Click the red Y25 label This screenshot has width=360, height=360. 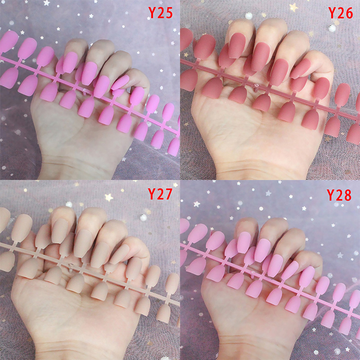tap(161, 13)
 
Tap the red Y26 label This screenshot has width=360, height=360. tap(341, 13)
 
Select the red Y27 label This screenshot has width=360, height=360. tap(160, 194)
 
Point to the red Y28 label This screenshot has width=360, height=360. tap(339, 195)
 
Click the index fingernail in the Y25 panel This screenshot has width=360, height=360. tap(70, 62)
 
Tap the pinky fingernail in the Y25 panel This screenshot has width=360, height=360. tap(120, 82)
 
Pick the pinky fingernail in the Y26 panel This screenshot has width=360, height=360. tap(300, 68)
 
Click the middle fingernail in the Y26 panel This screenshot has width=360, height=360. tap(261, 57)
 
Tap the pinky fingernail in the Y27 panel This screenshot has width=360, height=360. tap(119, 254)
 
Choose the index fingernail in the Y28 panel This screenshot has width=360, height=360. tap(244, 243)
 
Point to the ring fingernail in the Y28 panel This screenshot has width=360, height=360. tap(275, 265)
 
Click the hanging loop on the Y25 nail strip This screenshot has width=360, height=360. tap(85, 91)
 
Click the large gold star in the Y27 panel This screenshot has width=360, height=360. tap(109, 197)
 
